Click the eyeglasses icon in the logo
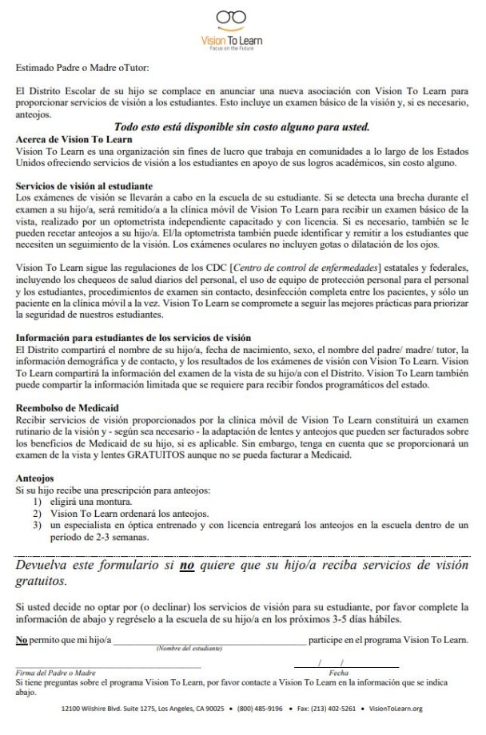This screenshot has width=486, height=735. coord(242,17)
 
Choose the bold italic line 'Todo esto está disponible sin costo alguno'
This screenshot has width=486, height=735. coord(241,126)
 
